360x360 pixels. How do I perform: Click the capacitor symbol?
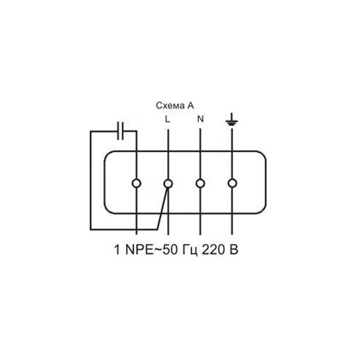[120, 131]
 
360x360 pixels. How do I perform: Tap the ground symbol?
[232, 120]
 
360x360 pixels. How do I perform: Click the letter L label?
[168, 119]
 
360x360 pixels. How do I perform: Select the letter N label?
[200, 119]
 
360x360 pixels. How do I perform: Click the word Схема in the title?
[170, 105]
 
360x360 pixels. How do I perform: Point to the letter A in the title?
[191, 105]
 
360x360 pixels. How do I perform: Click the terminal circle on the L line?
[168, 184]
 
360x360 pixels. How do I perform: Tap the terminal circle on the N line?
[200, 184]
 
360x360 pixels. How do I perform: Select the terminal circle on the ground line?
[232, 184]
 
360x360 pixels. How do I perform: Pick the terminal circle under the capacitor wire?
[136, 184]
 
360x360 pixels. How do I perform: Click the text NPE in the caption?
[139, 250]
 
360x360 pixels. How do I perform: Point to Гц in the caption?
[190, 251]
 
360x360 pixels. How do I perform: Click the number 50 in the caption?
[171, 250]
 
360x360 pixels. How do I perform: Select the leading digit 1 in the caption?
[117, 250]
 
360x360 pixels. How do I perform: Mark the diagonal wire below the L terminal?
[163, 208]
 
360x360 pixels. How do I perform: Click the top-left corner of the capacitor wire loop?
[91, 131]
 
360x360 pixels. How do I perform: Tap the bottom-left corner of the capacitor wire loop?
[91, 230]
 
